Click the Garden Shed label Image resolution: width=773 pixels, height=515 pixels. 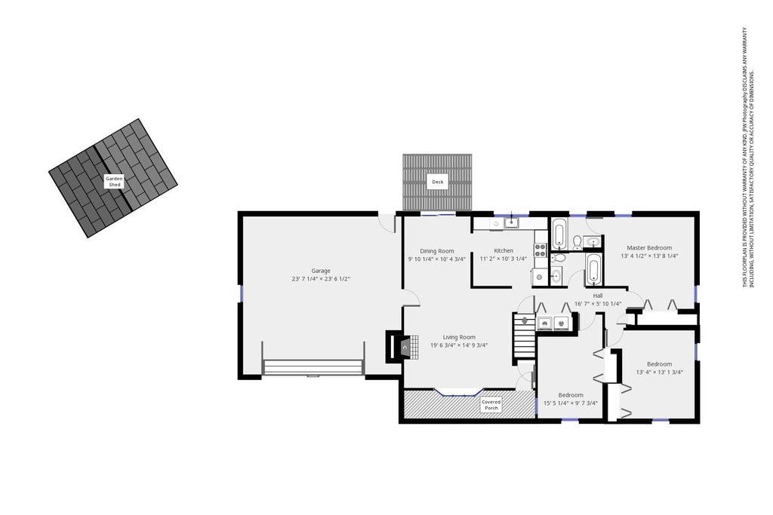click(x=114, y=182)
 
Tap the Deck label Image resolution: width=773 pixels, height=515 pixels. click(x=437, y=182)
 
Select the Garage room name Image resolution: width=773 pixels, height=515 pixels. click(x=321, y=271)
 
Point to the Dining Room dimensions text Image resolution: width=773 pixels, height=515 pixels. click(x=437, y=259)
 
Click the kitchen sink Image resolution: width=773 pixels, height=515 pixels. click(x=512, y=222)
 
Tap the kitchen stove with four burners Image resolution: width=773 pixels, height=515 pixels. click(x=540, y=250)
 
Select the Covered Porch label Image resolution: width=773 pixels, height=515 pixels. click(x=491, y=405)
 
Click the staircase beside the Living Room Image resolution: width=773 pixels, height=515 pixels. click(x=523, y=336)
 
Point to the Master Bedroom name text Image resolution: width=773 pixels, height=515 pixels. click(x=648, y=247)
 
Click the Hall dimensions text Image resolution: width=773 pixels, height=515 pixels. click(x=598, y=304)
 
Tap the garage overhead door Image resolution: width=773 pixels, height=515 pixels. click(x=313, y=368)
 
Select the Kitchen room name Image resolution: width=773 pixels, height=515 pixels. click(x=504, y=250)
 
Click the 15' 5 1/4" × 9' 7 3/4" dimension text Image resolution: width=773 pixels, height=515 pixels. click(x=571, y=403)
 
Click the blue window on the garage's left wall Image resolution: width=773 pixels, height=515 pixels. click(x=241, y=293)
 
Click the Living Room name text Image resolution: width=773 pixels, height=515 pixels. click(x=459, y=337)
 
